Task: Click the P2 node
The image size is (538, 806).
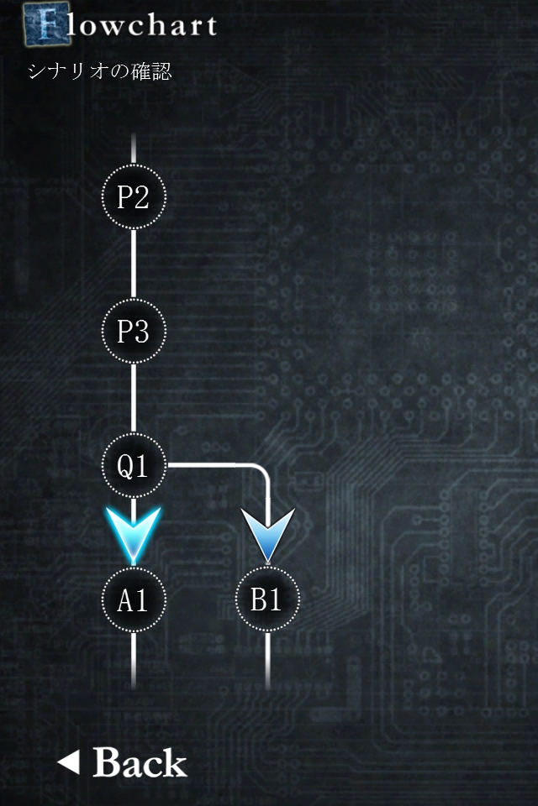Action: [x=134, y=197]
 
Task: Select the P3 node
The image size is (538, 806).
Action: [x=134, y=331]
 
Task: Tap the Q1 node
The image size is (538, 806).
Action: [x=134, y=465]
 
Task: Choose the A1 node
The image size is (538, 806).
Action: [x=134, y=599]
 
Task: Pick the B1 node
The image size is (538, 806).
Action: [x=267, y=599]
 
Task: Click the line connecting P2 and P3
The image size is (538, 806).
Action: [x=134, y=264]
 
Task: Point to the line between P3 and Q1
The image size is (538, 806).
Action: [x=134, y=398]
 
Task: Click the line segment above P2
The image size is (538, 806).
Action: [x=134, y=149]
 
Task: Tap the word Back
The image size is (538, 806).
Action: [x=140, y=763]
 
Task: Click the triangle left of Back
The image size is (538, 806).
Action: [x=68, y=762]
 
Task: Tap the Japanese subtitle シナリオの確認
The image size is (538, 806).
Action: [x=100, y=72]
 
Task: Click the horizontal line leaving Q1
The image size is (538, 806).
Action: [x=210, y=463]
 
